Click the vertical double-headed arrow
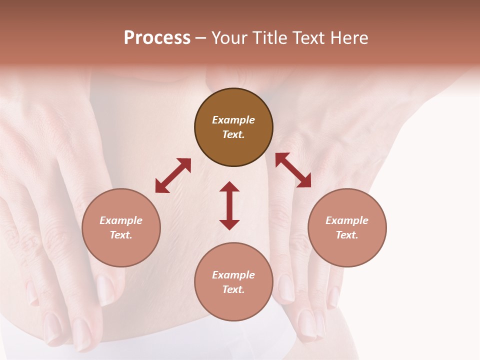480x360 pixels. pos(229,205)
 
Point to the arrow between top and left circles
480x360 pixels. pos(173,175)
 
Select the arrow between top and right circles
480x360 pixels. pos(293,170)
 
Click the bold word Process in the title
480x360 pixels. pos(157,37)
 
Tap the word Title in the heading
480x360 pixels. pos(269,37)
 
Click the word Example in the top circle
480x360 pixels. pos(233,120)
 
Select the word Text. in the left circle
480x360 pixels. pos(121,235)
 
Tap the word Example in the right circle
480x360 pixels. pos(347,220)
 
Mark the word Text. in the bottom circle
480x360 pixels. pos(233,289)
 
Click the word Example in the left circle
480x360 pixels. pos(121,220)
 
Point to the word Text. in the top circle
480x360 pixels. pos(233,134)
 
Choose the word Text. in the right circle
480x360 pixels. pos(347,235)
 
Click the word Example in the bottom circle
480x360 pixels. pos(233,275)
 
